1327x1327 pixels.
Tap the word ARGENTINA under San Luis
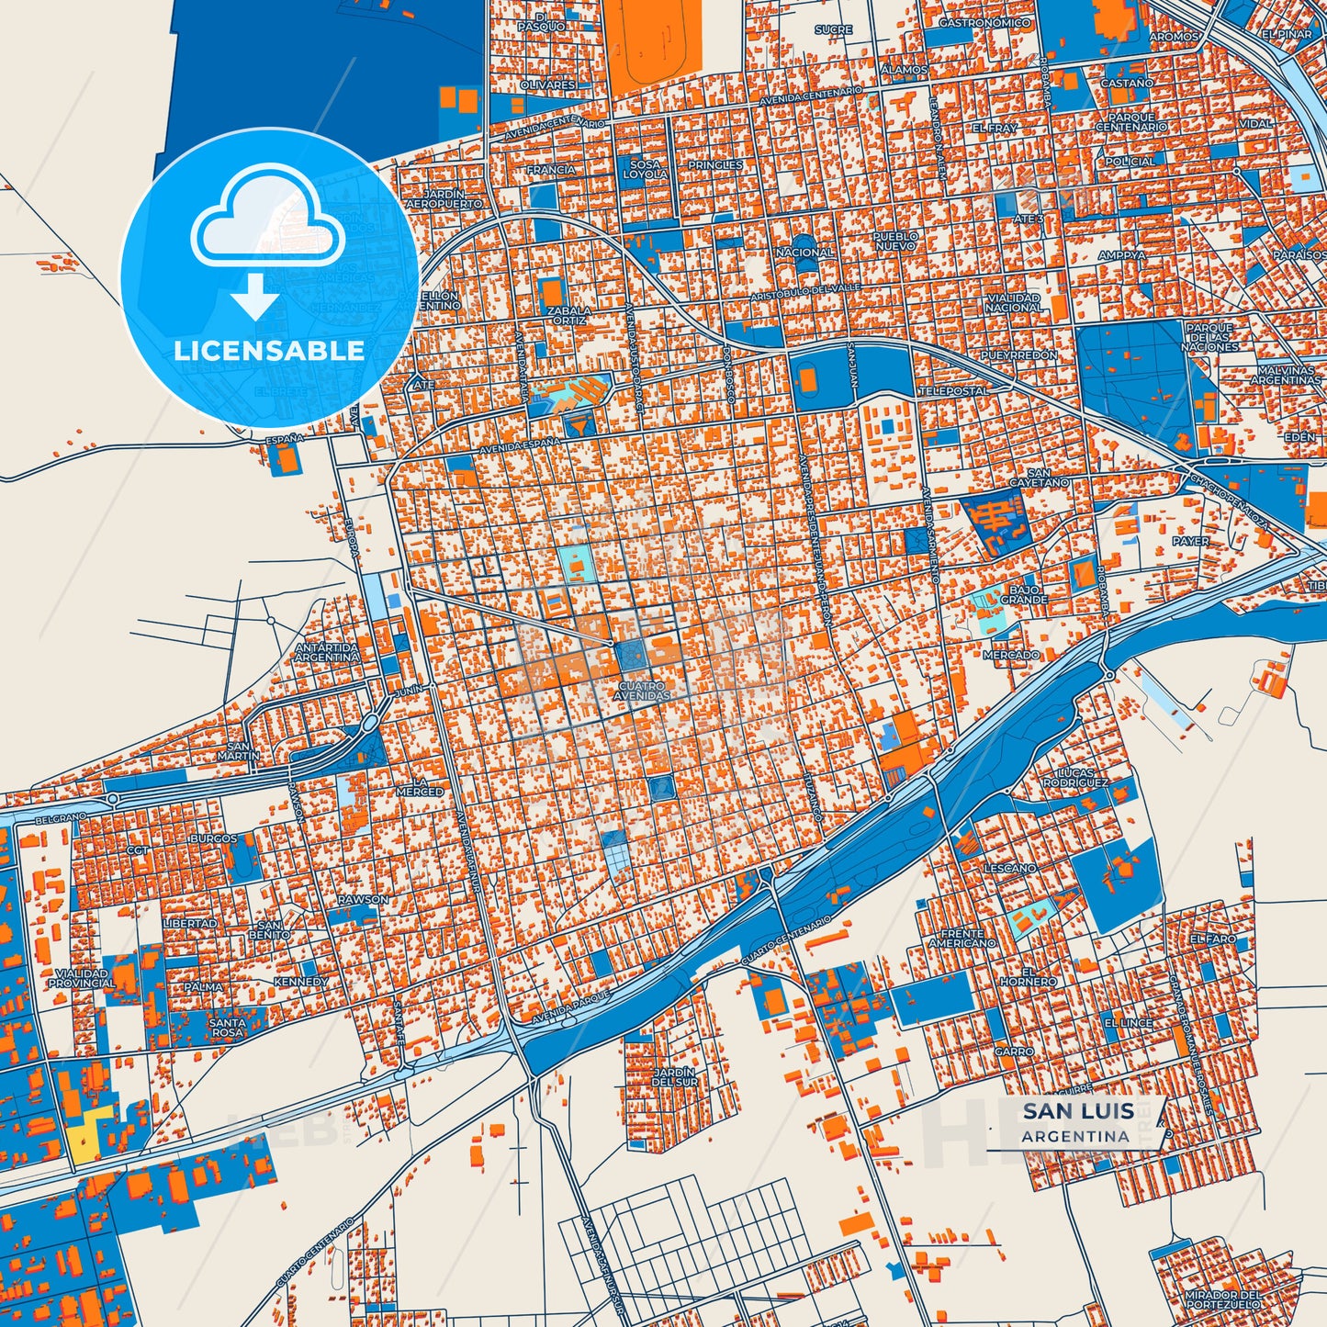coord(1074,1136)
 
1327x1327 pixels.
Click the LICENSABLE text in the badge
coord(269,350)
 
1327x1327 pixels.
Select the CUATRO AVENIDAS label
coord(643,691)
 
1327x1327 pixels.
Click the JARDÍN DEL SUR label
coord(674,1076)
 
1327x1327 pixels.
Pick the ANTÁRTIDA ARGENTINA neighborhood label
coord(327,652)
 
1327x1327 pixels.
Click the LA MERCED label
coord(420,787)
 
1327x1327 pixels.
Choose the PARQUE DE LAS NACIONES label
coord(1210,337)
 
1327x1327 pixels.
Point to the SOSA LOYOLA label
coord(646,169)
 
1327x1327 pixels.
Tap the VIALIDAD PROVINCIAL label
coord(82,978)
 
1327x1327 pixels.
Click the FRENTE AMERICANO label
coord(962,938)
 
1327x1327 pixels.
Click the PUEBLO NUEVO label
coord(894,241)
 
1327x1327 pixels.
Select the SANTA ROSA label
coord(227,1027)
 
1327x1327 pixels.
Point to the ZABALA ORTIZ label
coord(569,315)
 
